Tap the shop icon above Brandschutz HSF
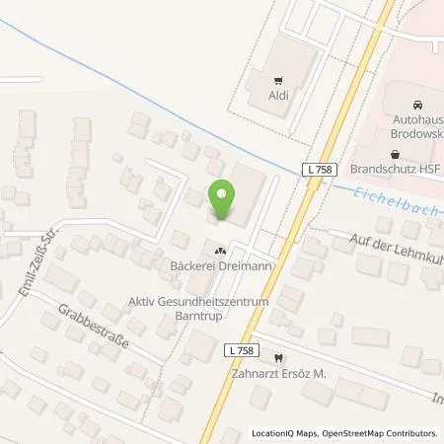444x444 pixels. click(x=396, y=153)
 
